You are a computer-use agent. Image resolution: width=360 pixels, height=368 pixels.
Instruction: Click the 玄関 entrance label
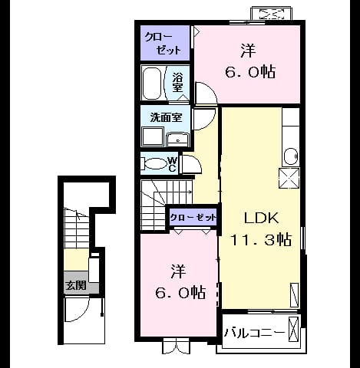[x=76, y=285]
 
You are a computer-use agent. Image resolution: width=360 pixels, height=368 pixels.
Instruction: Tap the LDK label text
[x=261, y=218]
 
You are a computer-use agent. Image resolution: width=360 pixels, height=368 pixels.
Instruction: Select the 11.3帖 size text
[x=261, y=239]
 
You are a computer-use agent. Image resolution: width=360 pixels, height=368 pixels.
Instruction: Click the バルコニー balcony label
[x=254, y=333]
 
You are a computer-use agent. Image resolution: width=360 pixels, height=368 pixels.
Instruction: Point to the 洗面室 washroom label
[x=166, y=117]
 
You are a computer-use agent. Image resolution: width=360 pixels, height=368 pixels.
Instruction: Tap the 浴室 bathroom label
[x=177, y=82]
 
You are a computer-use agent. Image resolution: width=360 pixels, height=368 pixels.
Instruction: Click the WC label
[x=172, y=164]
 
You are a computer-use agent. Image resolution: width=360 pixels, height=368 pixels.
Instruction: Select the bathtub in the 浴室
[x=152, y=84]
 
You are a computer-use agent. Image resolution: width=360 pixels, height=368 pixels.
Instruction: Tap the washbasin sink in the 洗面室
[x=177, y=140]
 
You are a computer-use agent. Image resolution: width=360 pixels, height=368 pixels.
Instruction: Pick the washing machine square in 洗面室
[x=153, y=136]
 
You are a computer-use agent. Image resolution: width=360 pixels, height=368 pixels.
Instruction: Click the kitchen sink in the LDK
[x=291, y=156]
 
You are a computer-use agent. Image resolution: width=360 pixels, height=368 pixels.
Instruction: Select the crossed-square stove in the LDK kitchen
[x=289, y=178]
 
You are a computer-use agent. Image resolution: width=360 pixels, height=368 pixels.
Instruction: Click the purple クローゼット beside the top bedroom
[x=165, y=43]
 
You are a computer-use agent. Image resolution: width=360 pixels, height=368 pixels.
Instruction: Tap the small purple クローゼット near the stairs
[x=193, y=218]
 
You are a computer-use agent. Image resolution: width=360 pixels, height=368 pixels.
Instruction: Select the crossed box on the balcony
[x=293, y=329]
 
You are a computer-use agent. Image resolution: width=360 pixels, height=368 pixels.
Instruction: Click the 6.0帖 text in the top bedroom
[x=250, y=72]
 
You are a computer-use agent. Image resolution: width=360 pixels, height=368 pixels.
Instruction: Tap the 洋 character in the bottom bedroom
[x=178, y=271]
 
